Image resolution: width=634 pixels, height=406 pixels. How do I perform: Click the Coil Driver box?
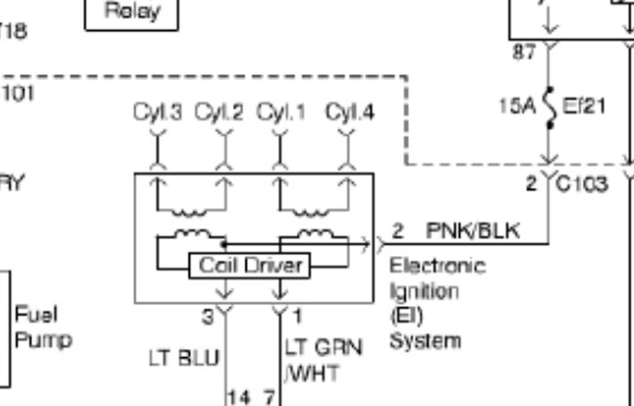click(x=249, y=265)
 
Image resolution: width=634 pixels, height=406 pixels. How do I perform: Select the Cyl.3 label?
click(x=158, y=113)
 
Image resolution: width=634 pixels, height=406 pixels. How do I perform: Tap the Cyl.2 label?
click(x=219, y=113)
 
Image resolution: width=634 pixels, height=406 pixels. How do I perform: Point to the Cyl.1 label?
click(x=281, y=113)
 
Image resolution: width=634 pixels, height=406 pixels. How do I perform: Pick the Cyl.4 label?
click(x=349, y=113)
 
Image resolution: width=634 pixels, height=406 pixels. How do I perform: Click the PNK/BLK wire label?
click(x=473, y=231)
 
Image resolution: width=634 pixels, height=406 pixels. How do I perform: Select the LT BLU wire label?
click(x=183, y=358)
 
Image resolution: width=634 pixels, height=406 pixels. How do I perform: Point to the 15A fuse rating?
click(x=516, y=106)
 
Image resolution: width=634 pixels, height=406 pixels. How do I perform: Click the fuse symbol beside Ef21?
click(x=550, y=106)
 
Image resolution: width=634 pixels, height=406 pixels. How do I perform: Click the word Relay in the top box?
click(x=132, y=12)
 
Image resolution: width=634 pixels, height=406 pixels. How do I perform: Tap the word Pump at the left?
click(x=43, y=339)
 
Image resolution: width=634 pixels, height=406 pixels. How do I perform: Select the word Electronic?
click(x=438, y=266)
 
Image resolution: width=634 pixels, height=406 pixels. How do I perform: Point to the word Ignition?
click(x=424, y=291)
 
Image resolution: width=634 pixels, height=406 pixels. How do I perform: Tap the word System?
click(x=425, y=340)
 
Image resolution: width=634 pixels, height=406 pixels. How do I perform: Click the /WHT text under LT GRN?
click(x=311, y=372)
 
